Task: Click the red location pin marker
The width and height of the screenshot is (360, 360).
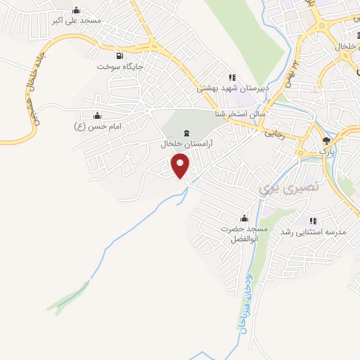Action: pyautogui.click(x=181, y=166)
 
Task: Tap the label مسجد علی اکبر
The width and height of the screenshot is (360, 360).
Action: pyautogui.click(x=77, y=20)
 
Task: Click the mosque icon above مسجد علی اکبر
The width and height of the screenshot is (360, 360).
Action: pyautogui.click(x=76, y=10)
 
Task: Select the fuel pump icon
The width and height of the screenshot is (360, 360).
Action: pyautogui.click(x=120, y=56)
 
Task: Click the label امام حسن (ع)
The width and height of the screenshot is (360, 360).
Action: pyautogui.click(x=99, y=126)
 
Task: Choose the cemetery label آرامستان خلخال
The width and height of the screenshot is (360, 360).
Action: pyautogui.click(x=186, y=143)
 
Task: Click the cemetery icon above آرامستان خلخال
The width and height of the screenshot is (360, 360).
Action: pyautogui.click(x=186, y=134)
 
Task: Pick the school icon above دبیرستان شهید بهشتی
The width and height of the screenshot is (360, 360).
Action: pyautogui.click(x=231, y=77)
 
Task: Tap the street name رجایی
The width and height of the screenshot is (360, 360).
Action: pyautogui.click(x=272, y=131)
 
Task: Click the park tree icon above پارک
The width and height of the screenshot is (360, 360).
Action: pyautogui.click(x=325, y=140)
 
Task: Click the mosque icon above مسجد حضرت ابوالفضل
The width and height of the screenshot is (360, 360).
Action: pyautogui.click(x=244, y=218)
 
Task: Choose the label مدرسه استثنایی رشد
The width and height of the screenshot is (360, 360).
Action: pyautogui.click(x=311, y=232)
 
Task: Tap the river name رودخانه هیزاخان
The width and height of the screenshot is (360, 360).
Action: pyautogui.click(x=245, y=303)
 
